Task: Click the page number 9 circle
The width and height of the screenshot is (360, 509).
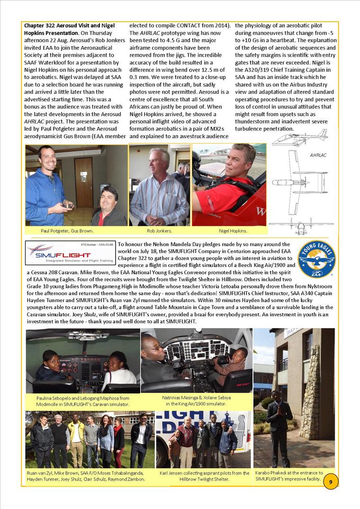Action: click(330, 482)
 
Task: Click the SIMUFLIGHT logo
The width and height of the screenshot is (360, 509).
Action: click(71, 253)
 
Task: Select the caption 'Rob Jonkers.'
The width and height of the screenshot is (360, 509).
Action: click(159, 231)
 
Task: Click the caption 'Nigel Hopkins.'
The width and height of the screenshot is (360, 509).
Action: click(233, 231)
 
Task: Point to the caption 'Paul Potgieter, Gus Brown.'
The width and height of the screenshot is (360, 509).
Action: click(67, 231)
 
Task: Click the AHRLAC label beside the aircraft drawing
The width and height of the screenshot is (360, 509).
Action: click(318, 155)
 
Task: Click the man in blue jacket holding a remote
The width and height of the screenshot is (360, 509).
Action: click(45, 185)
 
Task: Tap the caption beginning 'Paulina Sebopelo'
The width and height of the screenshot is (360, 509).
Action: click(83, 401)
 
